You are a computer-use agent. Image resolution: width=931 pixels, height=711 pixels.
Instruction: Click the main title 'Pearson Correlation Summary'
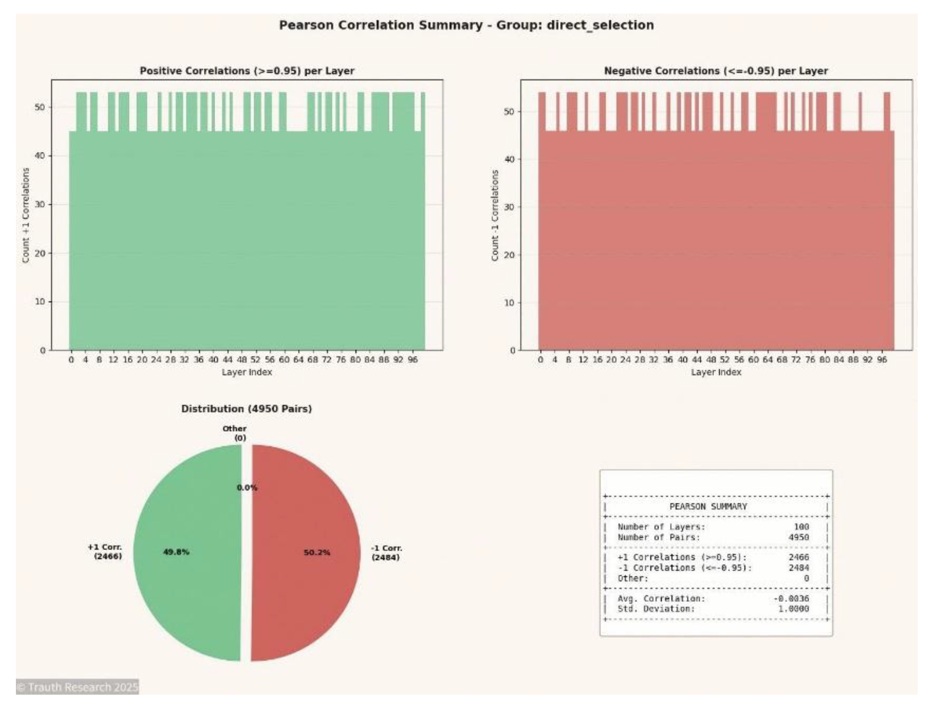click(x=466, y=25)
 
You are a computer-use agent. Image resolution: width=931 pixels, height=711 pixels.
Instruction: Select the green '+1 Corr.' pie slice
click(x=190, y=584)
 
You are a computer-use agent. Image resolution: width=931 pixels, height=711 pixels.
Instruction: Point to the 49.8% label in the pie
click(x=176, y=552)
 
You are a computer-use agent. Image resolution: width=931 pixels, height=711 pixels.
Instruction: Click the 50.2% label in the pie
click(x=317, y=553)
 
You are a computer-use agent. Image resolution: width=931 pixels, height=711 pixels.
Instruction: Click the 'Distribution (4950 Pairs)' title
click(x=247, y=409)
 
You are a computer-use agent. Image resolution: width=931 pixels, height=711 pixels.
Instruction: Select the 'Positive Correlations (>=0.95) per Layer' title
click(x=247, y=71)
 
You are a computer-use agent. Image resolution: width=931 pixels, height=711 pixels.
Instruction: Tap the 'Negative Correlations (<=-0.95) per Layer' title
click(x=716, y=71)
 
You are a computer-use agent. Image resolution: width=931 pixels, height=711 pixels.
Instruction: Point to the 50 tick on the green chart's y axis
click(x=40, y=108)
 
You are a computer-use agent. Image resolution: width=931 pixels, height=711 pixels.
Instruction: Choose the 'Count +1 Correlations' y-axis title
click(x=26, y=215)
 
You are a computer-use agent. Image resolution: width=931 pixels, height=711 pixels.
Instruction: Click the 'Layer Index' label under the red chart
click(x=716, y=373)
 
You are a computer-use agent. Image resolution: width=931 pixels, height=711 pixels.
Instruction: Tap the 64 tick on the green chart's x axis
click(x=298, y=360)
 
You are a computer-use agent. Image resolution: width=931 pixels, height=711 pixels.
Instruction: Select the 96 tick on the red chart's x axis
click(x=882, y=360)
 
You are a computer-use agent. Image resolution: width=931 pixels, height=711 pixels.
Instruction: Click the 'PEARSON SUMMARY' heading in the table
click(x=708, y=507)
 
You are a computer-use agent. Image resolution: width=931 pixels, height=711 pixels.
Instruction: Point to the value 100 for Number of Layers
click(x=801, y=527)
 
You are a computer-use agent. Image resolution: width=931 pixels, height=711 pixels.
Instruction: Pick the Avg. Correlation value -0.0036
click(x=791, y=598)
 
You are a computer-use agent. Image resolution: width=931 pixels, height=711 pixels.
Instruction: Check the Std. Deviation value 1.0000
click(x=794, y=609)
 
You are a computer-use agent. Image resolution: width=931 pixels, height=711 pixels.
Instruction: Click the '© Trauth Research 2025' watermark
click(x=77, y=687)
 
